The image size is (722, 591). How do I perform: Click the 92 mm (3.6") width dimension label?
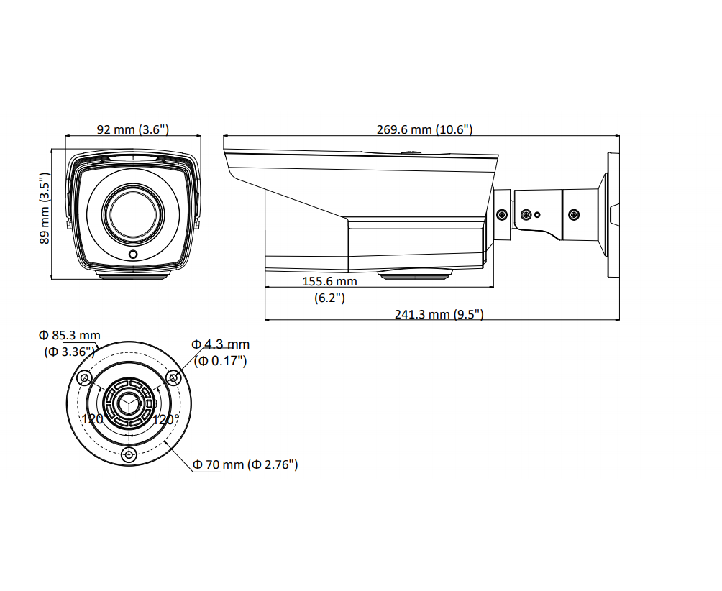[x=132, y=129]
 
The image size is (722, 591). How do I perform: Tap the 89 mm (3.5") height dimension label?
[x=44, y=208]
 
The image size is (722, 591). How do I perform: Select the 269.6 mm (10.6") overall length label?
[x=424, y=129]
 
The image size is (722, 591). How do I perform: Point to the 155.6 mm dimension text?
[x=329, y=281]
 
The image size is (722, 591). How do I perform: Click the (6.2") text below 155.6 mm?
[x=329, y=298]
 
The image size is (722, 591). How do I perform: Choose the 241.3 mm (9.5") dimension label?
[x=439, y=314]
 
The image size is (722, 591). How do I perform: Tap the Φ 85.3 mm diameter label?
[x=69, y=335]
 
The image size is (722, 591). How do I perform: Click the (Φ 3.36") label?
[x=70, y=352]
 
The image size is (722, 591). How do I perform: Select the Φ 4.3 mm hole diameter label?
[x=221, y=344]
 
